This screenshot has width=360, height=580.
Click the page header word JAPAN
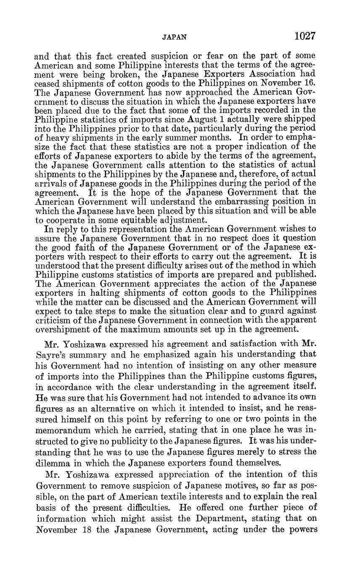pos(174,37)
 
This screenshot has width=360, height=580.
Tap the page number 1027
pos(305,36)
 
